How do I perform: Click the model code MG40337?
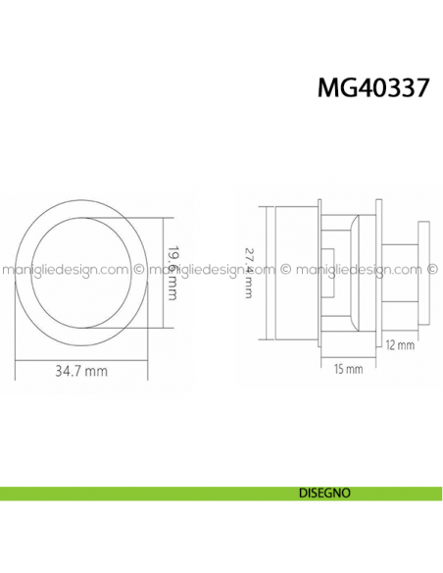coord(373,88)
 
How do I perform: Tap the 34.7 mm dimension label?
coord(81,373)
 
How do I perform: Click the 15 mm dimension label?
coord(347,369)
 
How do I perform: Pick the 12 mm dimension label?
coord(401,345)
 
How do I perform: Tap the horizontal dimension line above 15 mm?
coord(348,356)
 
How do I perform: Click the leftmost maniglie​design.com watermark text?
coord(65,266)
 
